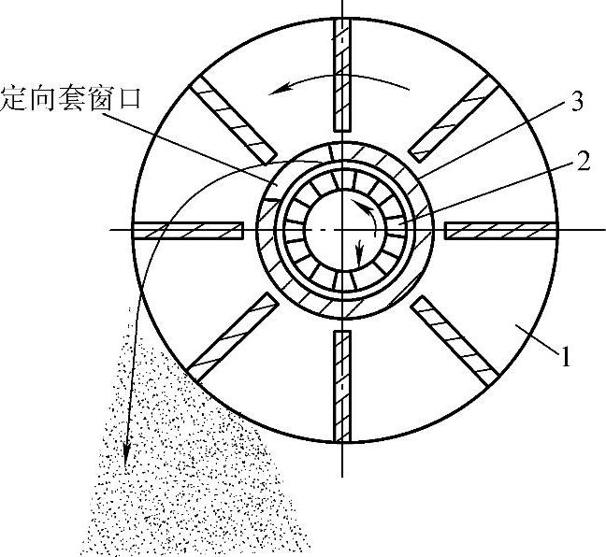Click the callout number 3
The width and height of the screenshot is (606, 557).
click(x=576, y=102)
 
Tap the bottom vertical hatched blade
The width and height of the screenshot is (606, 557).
click(x=344, y=385)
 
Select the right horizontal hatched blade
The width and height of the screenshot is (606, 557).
click(x=499, y=230)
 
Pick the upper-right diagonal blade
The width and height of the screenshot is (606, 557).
click(x=453, y=119)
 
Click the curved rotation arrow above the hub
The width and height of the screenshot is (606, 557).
click(x=342, y=85)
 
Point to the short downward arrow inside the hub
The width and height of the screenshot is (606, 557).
click(x=360, y=250)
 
